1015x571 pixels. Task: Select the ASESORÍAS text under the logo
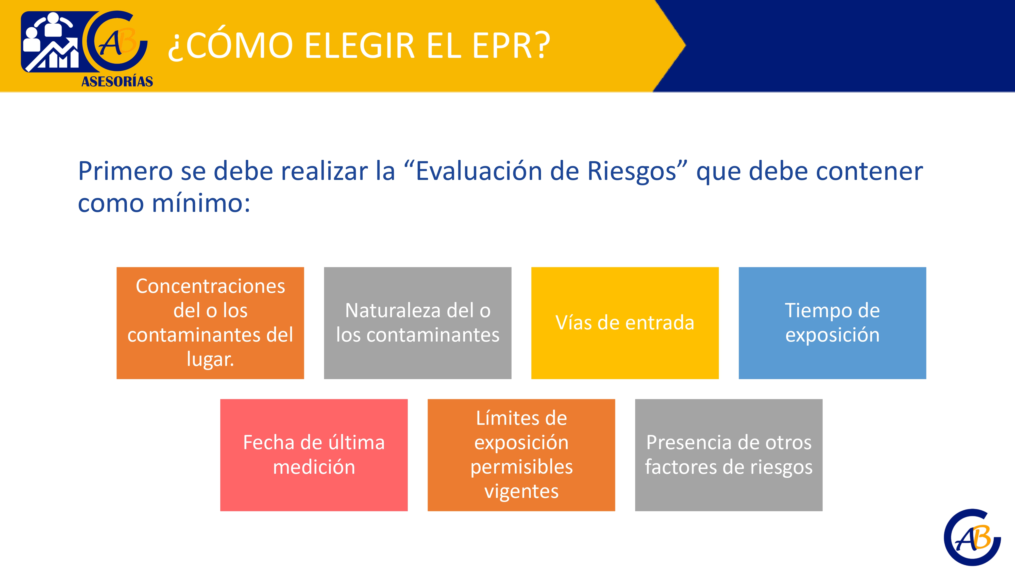click(117, 81)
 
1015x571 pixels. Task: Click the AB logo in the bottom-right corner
click(972, 537)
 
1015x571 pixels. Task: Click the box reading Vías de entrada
click(625, 323)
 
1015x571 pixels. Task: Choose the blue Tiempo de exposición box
click(832, 323)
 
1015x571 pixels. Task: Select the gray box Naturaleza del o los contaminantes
click(418, 323)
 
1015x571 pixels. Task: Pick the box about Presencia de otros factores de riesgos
click(729, 455)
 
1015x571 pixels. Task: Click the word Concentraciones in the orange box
click(210, 286)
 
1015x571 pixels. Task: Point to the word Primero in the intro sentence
click(126, 171)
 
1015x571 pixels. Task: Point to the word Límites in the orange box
click(521, 418)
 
